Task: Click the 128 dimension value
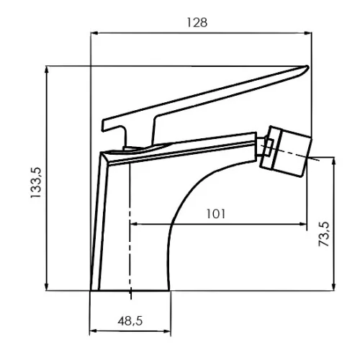(x=197, y=22)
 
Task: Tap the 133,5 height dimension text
(x=36, y=182)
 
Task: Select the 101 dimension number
(x=216, y=214)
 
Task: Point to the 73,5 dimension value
(x=324, y=234)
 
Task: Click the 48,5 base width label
(x=130, y=321)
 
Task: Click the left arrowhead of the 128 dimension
(x=94, y=33)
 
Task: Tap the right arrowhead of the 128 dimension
(x=308, y=33)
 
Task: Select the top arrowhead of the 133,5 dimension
(x=47, y=70)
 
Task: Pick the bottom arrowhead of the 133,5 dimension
(x=47, y=287)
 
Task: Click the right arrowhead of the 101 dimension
(x=303, y=224)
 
